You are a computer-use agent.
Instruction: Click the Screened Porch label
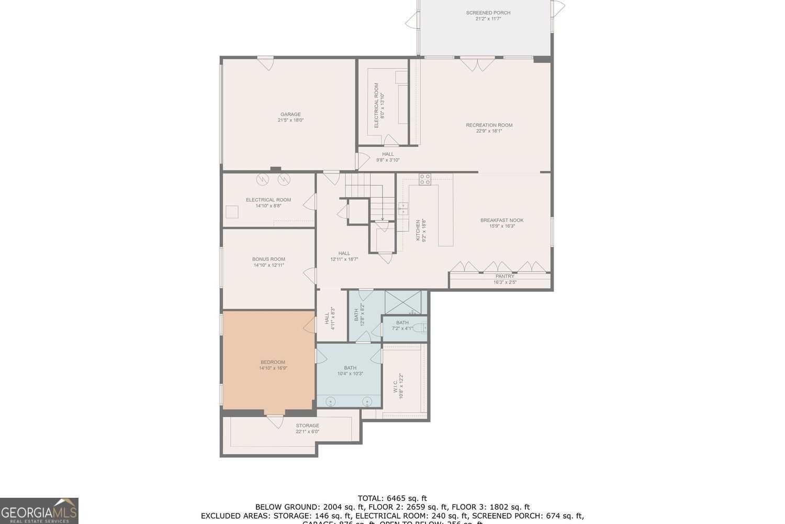click(488, 16)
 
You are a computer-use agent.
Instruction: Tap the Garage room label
click(290, 117)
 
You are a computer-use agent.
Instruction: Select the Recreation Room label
click(489, 128)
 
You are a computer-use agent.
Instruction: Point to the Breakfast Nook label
click(502, 223)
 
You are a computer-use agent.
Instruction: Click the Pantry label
click(504, 279)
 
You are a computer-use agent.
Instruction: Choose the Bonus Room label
click(268, 262)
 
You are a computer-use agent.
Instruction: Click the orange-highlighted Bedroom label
click(273, 365)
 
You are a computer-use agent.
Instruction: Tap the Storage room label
click(307, 429)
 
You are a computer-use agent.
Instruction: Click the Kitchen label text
click(421, 231)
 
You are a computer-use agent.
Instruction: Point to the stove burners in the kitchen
click(424, 180)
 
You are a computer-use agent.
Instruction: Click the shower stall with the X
click(403, 302)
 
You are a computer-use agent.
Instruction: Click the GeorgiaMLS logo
click(39, 510)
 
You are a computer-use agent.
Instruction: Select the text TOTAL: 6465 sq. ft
click(392, 498)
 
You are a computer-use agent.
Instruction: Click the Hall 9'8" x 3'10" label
click(388, 157)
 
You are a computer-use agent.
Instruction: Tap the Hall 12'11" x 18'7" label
click(344, 256)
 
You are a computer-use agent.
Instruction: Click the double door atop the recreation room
click(477, 64)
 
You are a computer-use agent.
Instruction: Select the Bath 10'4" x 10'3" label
click(350, 370)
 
